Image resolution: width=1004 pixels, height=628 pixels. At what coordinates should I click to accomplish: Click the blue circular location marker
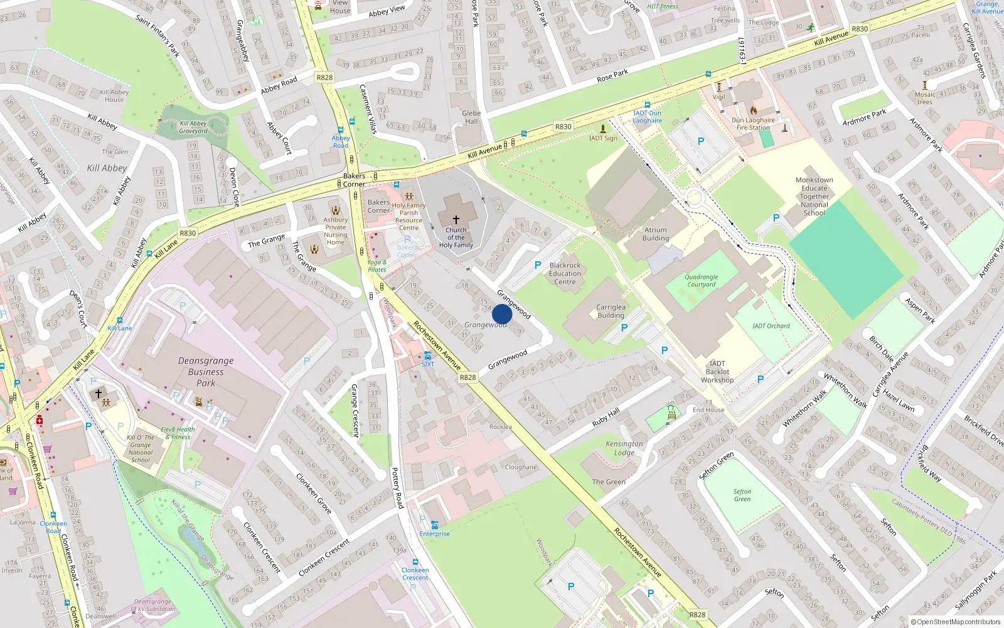(502, 314)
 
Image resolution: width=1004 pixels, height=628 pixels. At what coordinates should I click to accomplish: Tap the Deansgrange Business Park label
(206, 372)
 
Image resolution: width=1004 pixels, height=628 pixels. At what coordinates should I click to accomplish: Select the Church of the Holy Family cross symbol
(456, 219)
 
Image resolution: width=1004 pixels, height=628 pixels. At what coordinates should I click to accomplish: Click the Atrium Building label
(656, 234)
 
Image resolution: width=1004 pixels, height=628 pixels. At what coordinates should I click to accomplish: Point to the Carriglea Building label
(611, 311)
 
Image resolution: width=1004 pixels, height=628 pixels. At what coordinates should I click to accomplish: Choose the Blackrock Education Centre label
(565, 274)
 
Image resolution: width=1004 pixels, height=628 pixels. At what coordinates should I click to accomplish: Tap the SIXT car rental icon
(427, 355)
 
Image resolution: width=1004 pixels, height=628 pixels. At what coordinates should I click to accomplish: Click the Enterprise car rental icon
(434, 525)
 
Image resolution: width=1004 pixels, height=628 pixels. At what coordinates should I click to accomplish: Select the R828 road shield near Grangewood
(467, 377)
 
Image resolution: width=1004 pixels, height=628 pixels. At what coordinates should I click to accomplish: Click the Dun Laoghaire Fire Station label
(753, 124)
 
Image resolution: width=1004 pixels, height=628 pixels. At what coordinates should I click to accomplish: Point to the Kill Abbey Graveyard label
(193, 127)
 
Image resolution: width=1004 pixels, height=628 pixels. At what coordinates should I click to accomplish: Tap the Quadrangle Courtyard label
(702, 281)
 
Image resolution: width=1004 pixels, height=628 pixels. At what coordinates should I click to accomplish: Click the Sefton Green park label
(742, 495)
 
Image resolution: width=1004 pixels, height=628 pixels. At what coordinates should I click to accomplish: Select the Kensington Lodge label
(624, 448)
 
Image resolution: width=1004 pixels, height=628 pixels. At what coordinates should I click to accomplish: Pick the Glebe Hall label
(471, 117)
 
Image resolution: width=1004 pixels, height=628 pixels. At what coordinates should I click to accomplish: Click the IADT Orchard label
(771, 326)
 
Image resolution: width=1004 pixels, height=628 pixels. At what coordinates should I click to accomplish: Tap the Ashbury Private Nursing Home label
(336, 231)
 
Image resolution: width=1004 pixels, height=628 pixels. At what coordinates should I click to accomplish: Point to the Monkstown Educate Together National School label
(814, 197)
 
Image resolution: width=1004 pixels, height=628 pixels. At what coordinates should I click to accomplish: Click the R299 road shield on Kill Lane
(188, 233)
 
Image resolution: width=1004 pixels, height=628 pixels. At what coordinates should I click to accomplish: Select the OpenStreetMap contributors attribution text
(956, 622)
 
